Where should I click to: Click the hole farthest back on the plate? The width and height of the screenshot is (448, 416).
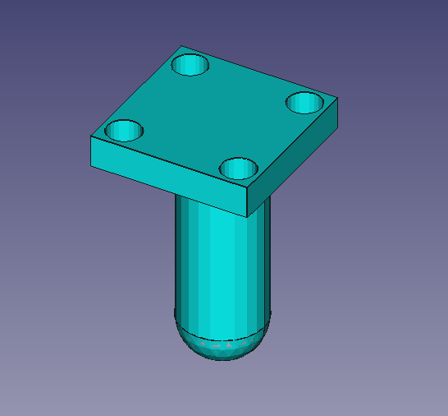(190, 64)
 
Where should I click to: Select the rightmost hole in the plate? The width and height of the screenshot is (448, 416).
(304, 103)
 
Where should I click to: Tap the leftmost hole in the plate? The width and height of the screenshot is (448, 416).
(125, 130)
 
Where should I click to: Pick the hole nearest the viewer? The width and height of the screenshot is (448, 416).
(239, 168)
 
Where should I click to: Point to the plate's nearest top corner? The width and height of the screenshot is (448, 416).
(249, 188)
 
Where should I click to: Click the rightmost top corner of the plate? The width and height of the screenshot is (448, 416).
(338, 99)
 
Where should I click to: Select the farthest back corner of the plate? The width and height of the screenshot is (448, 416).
(181, 46)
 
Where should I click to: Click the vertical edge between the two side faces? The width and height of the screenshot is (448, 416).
(249, 202)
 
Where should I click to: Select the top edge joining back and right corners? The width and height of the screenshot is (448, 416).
(259, 72)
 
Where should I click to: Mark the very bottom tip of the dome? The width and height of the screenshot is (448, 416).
(220, 360)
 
